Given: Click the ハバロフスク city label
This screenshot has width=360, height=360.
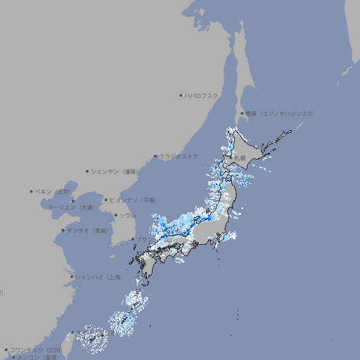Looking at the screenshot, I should pos(202,95).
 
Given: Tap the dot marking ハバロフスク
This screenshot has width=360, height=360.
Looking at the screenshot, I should pos(181,95).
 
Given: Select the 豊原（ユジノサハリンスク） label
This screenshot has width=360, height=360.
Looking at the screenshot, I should pos(280,113).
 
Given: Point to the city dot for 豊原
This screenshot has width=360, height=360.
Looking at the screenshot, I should pos(242,113).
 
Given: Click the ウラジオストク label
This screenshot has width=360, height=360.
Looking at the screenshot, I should pos(179,156).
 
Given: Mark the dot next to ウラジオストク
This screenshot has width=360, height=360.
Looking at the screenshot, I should pos(155,156).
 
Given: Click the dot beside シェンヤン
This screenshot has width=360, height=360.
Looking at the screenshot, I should pos(88,171).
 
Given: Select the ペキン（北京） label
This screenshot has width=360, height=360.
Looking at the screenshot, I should pos(54,191).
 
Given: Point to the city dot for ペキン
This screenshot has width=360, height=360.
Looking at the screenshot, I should pos(32,191).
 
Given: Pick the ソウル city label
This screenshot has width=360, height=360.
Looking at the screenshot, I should pos(127,215).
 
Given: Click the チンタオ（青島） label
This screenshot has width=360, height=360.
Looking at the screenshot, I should pos(88,231).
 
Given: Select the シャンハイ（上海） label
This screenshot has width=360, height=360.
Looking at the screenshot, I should pos(98,277).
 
